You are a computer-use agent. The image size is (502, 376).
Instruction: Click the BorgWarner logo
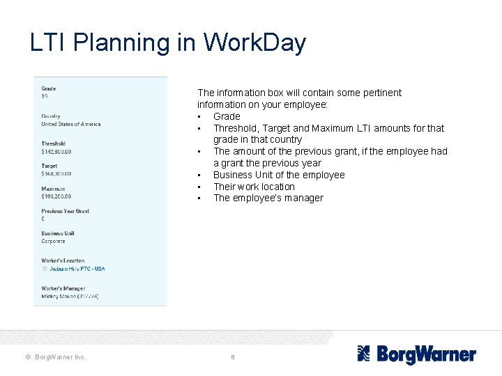click(x=416, y=354)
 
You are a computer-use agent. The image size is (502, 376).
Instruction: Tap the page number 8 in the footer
click(x=233, y=357)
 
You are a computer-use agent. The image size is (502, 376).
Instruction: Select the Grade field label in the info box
click(x=48, y=88)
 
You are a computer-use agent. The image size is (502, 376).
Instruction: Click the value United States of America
click(x=70, y=124)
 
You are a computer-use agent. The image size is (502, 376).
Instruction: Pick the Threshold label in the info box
click(x=53, y=143)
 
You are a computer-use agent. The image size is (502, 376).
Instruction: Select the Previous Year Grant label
click(x=65, y=211)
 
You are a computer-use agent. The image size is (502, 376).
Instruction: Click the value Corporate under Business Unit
click(x=53, y=241)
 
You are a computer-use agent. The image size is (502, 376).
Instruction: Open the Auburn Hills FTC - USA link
click(x=77, y=269)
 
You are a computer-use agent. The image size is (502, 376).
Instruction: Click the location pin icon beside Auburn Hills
click(x=44, y=269)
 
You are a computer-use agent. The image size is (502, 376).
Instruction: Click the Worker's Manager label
click(x=63, y=288)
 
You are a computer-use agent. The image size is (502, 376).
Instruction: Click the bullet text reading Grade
click(x=227, y=116)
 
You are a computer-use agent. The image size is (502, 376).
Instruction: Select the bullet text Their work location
click(x=254, y=187)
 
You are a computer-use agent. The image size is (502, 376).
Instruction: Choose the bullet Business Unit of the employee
click(x=279, y=175)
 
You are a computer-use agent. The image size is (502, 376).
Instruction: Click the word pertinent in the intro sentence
click(x=379, y=93)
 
